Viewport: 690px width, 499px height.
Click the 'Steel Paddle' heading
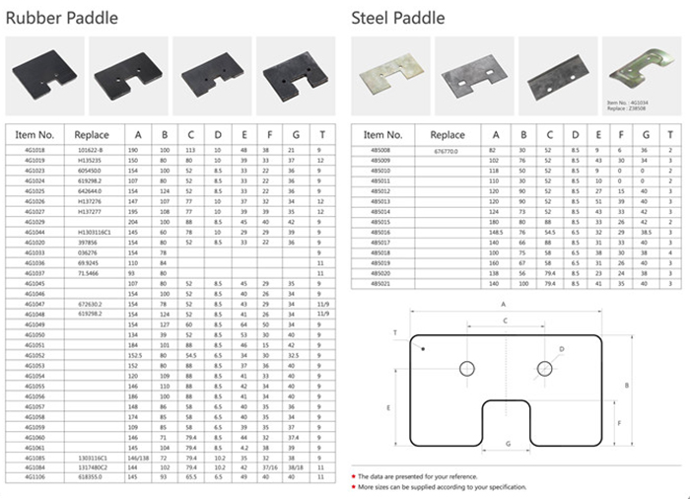click(x=397, y=17)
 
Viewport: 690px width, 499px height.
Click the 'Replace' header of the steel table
click(x=447, y=134)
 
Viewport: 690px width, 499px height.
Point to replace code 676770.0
click(x=447, y=151)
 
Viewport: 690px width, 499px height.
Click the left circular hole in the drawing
click(x=467, y=369)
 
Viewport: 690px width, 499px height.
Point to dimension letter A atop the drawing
click(x=503, y=305)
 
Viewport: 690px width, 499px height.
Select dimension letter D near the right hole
click(x=562, y=350)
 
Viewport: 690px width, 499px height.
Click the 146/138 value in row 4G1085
click(x=138, y=459)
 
